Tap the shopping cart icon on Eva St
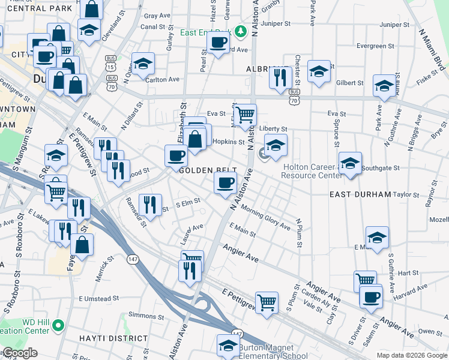click(245, 113)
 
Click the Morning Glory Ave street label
click(265, 216)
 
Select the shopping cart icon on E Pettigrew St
click(267, 302)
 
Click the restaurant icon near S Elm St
click(149, 205)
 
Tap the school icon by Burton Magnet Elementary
click(228, 346)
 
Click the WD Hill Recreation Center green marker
click(58, 326)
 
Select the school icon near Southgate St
click(350, 163)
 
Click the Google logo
click(19, 353)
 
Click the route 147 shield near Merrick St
click(133, 259)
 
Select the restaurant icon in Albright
click(280, 77)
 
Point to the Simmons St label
click(146, 316)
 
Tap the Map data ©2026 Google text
click(411, 355)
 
